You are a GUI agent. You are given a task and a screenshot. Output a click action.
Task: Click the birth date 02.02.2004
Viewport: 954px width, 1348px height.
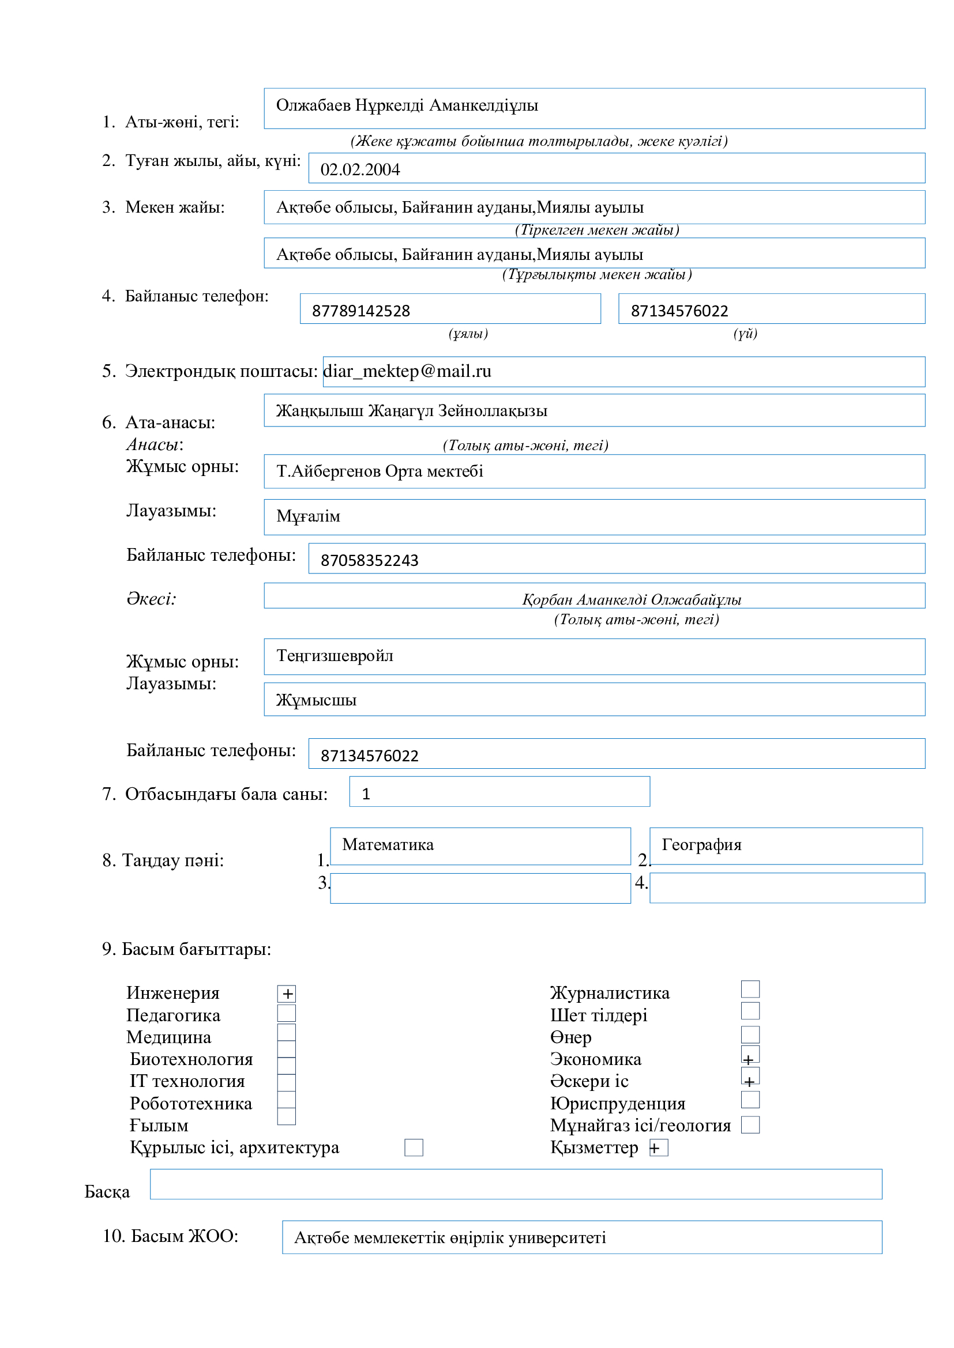tap(360, 169)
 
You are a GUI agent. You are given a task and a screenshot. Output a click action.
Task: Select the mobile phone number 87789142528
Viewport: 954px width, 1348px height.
tap(360, 311)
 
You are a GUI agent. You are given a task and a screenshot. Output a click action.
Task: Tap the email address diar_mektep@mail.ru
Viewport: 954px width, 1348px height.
tap(407, 371)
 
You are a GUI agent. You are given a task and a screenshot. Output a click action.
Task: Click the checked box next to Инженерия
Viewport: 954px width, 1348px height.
tap(287, 994)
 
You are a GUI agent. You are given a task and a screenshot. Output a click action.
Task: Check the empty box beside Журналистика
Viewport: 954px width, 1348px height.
tap(750, 989)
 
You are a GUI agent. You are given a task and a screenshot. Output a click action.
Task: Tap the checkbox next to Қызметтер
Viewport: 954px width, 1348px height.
tap(659, 1147)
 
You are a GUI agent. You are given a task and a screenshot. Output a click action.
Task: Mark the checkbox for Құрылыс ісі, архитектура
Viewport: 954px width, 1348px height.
tap(414, 1147)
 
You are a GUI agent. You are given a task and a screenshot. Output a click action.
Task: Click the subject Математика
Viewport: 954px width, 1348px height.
tap(388, 844)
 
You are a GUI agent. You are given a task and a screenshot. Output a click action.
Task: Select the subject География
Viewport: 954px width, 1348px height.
tap(701, 844)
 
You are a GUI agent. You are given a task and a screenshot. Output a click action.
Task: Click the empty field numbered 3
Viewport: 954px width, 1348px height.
tap(480, 888)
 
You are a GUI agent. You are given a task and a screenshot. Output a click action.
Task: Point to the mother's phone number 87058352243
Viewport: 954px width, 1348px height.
tap(370, 560)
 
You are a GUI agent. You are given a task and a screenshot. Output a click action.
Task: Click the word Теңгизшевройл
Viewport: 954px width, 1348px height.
tap(335, 655)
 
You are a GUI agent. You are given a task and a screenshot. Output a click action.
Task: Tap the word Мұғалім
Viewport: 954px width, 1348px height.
tap(309, 516)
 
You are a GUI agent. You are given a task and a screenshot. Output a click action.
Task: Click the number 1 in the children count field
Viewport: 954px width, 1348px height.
tap(366, 794)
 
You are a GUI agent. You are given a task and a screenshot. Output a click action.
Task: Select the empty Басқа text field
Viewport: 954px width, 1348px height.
tap(516, 1184)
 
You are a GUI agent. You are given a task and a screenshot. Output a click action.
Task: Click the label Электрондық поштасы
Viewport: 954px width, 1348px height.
tap(221, 371)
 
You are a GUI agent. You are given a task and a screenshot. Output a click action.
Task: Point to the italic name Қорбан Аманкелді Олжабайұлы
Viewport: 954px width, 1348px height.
tap(632, 599)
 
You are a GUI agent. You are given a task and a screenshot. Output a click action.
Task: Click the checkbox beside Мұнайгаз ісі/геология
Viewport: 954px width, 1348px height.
tap(750, 1125)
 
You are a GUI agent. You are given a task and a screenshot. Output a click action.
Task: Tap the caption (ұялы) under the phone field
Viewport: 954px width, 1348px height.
tap(468, 334)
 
